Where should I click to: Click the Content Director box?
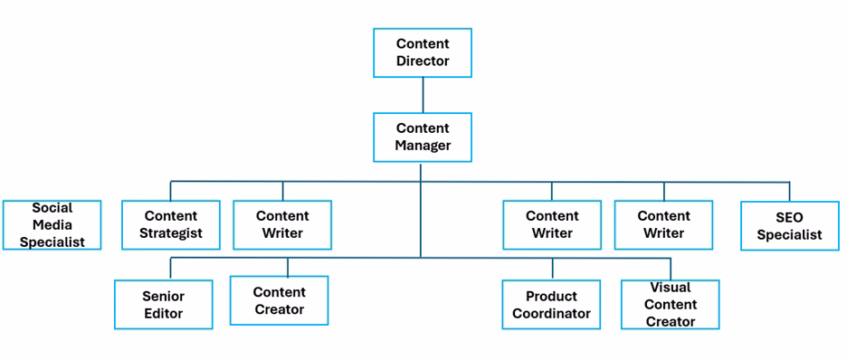click(422, 52)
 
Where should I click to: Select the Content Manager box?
click(422, 137)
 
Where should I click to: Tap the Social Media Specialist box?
click(52, 224)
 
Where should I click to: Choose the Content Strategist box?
click(170, 224)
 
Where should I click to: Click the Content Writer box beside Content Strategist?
click(282, 224)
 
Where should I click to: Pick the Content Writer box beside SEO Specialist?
click(663, 224)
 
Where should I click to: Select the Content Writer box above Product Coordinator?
click(552, 224)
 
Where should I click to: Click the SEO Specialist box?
click(789, 225)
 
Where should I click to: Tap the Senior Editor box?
click(163, 305)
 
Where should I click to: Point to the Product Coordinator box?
click(551, 305)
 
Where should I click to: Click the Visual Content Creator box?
click(670, 305)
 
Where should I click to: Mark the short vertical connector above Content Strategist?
click(170, 191)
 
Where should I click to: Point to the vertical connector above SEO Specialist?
click(789, 191)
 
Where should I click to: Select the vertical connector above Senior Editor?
click(170, 269)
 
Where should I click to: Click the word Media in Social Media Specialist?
click(52, 224)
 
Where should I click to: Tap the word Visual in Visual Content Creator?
click(670, 289)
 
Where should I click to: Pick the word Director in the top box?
click(422, 62)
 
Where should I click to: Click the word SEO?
click(789, 217)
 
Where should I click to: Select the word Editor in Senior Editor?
click(163, 314)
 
